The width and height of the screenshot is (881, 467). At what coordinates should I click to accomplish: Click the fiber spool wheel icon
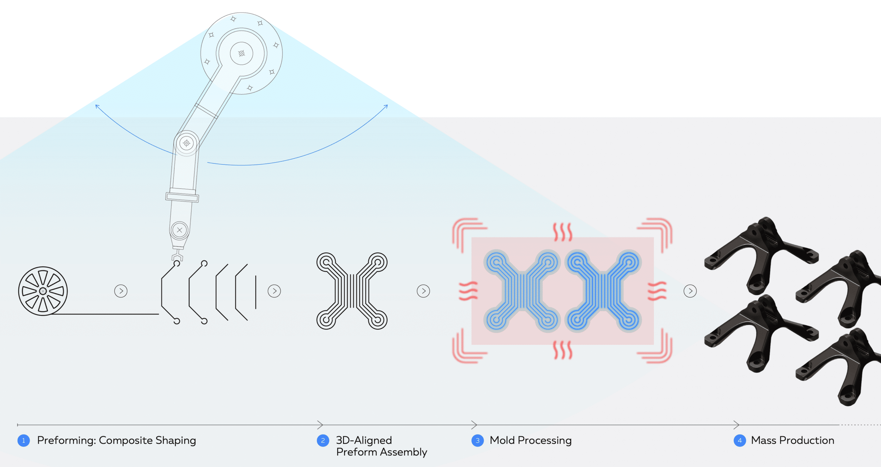(43, 291)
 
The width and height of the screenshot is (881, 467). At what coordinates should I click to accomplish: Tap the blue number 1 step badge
(23, 441)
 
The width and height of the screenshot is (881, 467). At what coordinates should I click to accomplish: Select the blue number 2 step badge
(323, 441)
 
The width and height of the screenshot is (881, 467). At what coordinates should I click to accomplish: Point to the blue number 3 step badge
(477, 441)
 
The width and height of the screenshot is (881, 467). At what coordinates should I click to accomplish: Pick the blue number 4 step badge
(740, 441)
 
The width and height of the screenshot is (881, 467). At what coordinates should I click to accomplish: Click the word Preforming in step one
(66, 441)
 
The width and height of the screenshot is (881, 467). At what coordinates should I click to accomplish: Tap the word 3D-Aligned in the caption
(364, 441)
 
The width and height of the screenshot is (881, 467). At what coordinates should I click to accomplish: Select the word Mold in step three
(502, 441)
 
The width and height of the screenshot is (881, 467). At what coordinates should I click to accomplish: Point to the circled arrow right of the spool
(121, 291)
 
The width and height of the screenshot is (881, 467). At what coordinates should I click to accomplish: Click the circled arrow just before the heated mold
(423, 291)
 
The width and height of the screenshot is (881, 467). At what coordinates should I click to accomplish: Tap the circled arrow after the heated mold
(690, 291)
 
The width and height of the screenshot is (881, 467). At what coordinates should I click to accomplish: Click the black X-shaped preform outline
(352, 291)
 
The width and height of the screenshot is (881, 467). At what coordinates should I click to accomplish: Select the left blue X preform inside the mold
(522, 291)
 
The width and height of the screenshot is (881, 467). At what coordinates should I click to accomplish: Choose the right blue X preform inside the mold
(604, 291)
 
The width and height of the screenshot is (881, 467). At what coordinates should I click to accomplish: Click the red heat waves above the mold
(563, 232)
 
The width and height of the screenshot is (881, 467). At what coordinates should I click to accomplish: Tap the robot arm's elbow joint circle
(187, 143)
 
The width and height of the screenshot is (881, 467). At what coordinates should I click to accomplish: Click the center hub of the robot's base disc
(242, 53)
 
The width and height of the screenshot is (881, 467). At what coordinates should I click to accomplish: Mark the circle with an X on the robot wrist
(179, 230)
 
